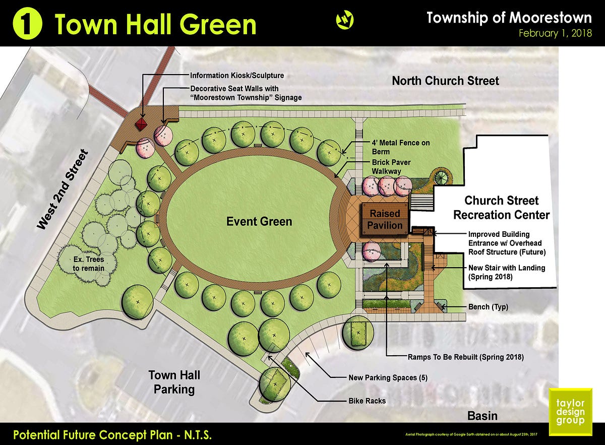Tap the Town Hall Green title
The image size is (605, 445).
pyautogui.click(x=155, y=24)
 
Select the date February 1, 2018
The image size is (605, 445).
pyautogui.click(x=555, y=34)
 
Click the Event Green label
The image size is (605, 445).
pyautogui.click(x=259, y=221)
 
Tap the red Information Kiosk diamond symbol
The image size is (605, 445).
pyautogui.click(x=143, y=123)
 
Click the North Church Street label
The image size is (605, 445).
pyautogui.click(x=445, y=81)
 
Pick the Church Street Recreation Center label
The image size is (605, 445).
pyautogui.click(x=501, y=208)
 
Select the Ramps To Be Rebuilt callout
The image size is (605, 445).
pyautogui.click(x=465, y=357)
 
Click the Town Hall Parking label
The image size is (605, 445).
pyautogui.click(x=174, y=382)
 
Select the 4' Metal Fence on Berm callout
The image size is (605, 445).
pyautogui.click(x=401, y=147)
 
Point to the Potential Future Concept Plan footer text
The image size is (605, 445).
pyautogui.click(x=112, y=434)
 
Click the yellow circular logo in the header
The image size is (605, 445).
pyautogui.click(x=344, y=20)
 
